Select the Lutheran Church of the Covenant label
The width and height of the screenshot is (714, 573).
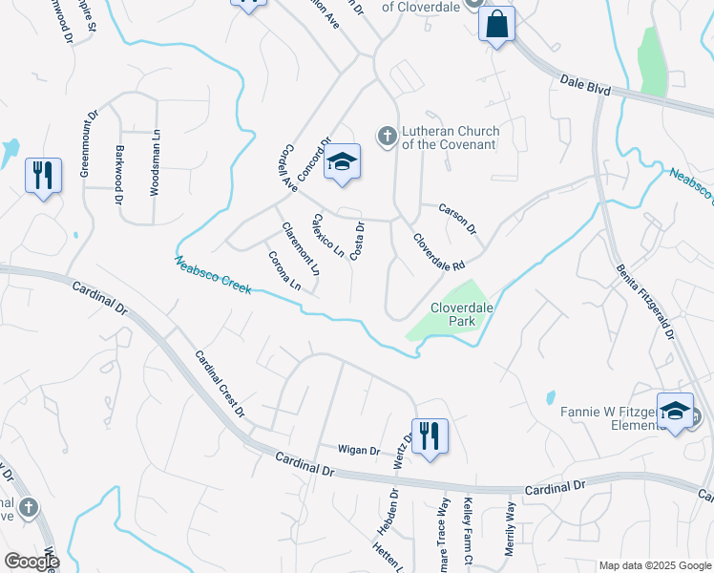click(x=450, y=138)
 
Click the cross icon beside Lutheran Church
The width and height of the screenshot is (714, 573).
click(x=388, y=136)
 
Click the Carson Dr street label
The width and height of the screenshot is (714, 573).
click(x=456, y=219)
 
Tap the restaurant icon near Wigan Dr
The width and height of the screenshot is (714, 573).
click(x=430, y=436)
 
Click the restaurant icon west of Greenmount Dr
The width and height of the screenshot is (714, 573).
click(x=43, y=176)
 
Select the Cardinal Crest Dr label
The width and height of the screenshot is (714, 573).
click(x=220, y=384)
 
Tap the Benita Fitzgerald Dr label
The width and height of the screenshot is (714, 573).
click(x=645, y=303)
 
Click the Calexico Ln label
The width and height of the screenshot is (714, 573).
click(x=327, y=236)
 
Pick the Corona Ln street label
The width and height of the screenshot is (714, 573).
click(x=284, y=270)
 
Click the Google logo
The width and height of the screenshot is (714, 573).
click(x=31, y=562)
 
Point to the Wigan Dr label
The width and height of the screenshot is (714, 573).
click(x=358, y=450)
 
